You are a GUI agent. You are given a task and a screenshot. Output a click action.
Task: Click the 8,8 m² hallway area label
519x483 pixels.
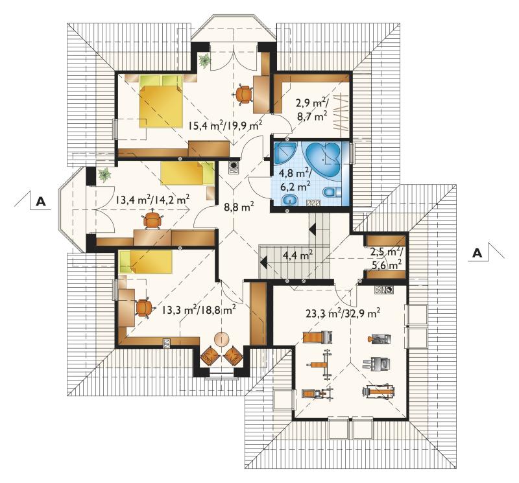click(x=239, y=207)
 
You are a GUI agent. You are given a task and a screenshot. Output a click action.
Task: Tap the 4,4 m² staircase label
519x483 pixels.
click(x=298, y=255)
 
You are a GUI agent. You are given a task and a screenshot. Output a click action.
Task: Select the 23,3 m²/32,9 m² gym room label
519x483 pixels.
click(x=343, y=312)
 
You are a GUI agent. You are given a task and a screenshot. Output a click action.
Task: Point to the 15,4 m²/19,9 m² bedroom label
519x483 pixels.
click(x=225, y=125)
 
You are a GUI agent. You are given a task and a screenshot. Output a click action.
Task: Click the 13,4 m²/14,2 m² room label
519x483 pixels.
click(x=152, y=200)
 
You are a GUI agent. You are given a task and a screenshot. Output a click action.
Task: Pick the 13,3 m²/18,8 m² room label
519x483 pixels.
click(x=199, y=310)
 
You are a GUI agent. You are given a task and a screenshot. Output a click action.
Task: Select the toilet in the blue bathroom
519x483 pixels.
click(x=332, y=193)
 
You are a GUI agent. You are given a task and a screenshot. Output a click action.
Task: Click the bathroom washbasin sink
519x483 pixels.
click(x=290, y=200)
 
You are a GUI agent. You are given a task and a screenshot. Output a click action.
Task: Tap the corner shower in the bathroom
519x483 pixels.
click(x=285, y=152)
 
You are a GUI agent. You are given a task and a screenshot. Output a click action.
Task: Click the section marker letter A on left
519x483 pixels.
click(x=40, y=201)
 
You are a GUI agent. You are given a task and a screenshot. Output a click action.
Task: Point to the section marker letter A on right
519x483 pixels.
click(x=477, y=253)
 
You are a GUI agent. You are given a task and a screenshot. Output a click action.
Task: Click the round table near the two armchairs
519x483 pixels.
click(x=222, y=339)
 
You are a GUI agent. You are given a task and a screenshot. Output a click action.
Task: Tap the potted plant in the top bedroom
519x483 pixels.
click(x=205, y=60)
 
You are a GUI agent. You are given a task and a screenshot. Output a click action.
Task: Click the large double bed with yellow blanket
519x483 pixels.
click(x=161, y=101)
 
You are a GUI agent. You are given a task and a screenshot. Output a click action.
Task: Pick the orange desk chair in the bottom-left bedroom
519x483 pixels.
click(x=144, y=308)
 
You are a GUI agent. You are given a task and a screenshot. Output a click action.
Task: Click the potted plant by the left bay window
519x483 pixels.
click(x=104, y=174)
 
